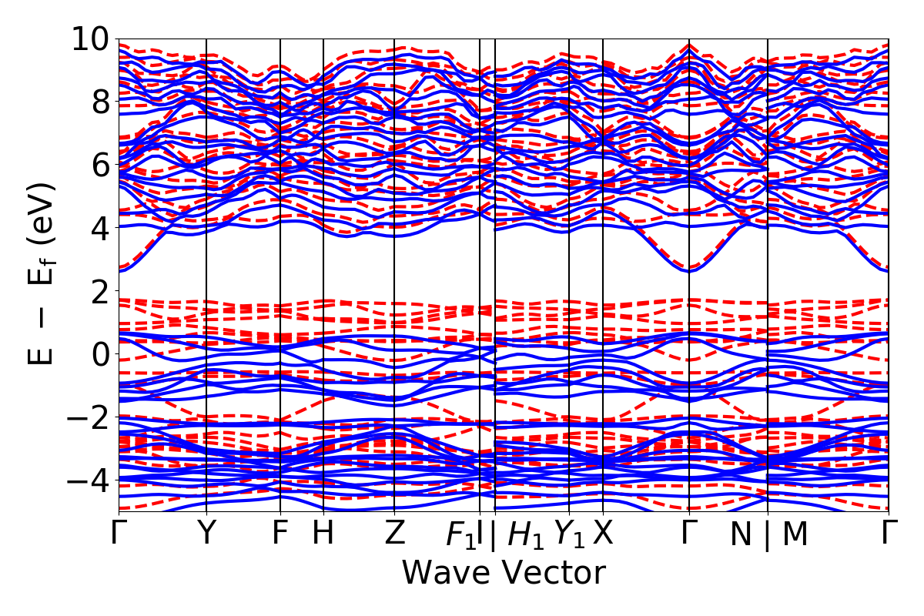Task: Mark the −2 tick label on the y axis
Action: pyautogui.click(x=85, y=417)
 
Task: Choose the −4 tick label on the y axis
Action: pyautogui.click(x=85, y=480)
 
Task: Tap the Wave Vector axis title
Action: pyautogui.click(x=504, y=574)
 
